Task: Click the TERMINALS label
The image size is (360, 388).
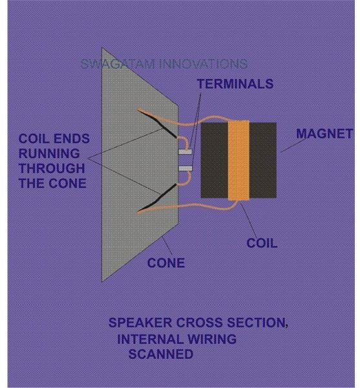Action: coord(235,84)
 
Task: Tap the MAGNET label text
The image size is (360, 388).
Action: coord(324,134)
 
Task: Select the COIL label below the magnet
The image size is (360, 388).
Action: coord(262,243)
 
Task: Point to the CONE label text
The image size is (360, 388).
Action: coord(166,263)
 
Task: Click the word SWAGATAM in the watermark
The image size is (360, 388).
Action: coord(118,64)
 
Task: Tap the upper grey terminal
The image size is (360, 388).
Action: coord(185,151)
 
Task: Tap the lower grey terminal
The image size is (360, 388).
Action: coord(185,169)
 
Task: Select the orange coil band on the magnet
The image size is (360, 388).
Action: coord(238,160)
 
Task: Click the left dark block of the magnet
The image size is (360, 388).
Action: coord(214,160)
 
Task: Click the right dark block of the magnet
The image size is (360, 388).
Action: coord(262,160)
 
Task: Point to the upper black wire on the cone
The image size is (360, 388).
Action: coord(158,124)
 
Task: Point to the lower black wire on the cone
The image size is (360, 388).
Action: coord(158,199)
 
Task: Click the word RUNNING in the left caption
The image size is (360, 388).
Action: coord(49,153)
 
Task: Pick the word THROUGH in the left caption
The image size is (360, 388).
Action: coord(52,169)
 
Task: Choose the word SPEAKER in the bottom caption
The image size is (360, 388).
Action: coord(140,323)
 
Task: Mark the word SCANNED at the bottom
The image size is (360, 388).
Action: coord(161,354)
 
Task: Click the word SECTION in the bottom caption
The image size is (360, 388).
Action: coord(257,323)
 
